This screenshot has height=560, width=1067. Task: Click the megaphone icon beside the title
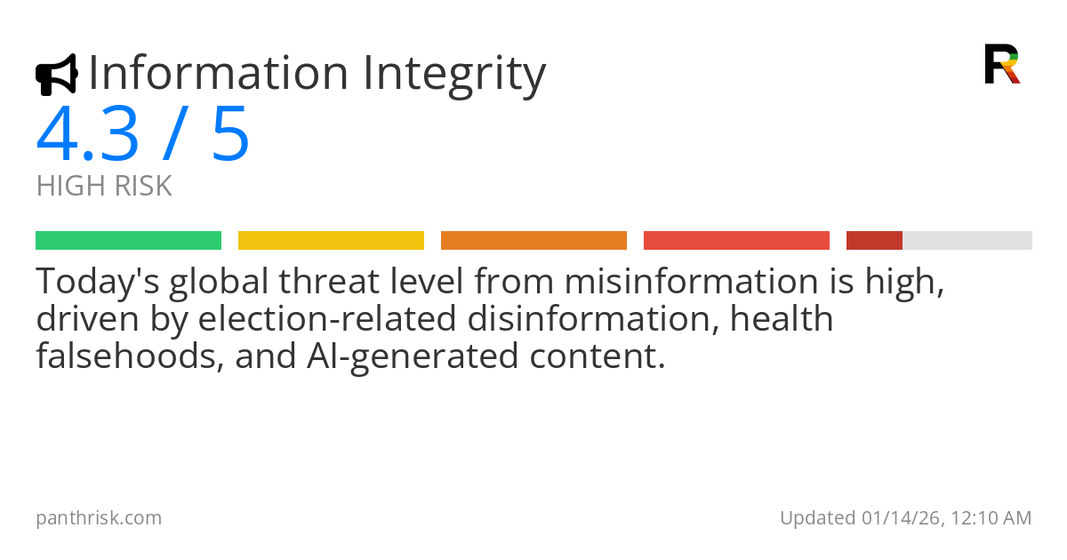[x=57, y=75]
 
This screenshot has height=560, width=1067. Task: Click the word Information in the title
[x=219, y=73]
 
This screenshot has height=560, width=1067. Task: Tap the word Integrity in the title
[x=454, y=76]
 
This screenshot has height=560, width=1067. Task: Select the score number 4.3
[x=87, y=133]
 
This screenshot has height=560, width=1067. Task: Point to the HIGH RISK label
[x=104, y=186]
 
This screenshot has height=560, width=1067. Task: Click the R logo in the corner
[x=1002, y=64]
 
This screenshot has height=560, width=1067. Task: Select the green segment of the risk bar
[x=129, y=241]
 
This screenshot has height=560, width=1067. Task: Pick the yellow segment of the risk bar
[x=331, y=241]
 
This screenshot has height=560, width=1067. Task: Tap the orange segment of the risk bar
[x=534, y=241]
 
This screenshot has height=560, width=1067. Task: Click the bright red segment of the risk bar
[x=736, y=241]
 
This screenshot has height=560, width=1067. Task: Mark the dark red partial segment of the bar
[x=875, y=241]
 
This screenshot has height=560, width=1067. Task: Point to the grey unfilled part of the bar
[x=967, y=241]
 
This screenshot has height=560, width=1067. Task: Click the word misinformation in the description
[x=692, y=281]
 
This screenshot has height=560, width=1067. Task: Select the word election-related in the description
[x=327, y=318]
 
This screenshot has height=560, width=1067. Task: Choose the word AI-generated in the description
[x=413, y=357]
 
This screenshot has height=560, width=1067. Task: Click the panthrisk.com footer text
[x=99, y=518]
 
